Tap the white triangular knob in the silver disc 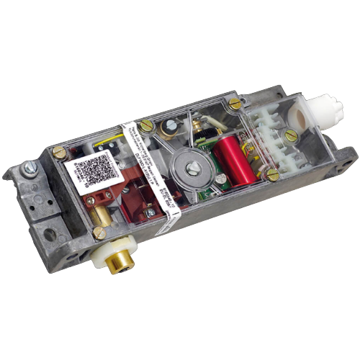click(194, 168)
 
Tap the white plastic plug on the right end click(319, 113)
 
